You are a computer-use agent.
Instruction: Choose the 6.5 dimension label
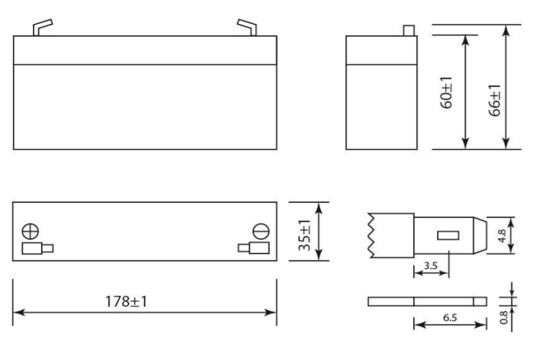450,317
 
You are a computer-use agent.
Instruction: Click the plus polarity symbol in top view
29,229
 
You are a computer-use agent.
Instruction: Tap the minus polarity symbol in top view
260,230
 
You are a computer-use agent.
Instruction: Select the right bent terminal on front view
247,27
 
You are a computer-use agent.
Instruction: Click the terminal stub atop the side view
410,30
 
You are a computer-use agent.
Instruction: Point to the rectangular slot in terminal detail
447,236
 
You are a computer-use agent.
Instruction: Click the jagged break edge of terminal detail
371,236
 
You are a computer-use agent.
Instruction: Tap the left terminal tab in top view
37,248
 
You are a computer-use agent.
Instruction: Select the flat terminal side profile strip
427,301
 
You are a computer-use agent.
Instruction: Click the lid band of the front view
145,50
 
